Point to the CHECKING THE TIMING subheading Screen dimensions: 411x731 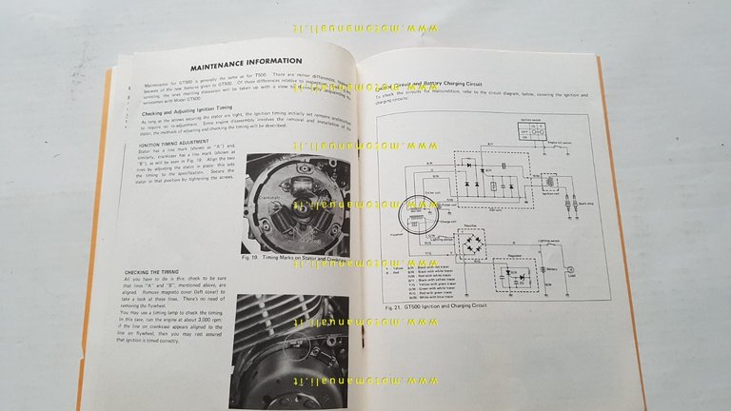pyautogui.click(x=154, y=273)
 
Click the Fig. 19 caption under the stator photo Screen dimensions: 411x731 pyautogui.click(x=286, y=260)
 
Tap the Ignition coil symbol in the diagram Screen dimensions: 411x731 pyautogui.click(x=550, y=182)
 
